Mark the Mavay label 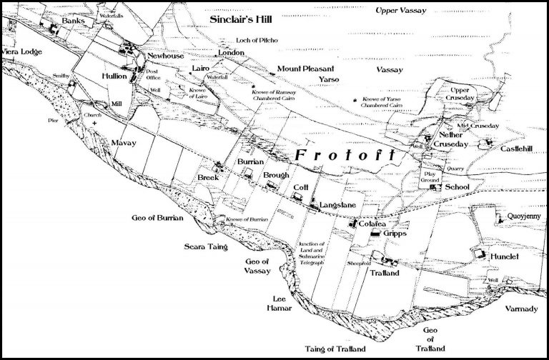(x=123, y=142)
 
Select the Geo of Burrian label (x=158, y=216)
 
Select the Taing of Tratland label (x=337, y=349)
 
